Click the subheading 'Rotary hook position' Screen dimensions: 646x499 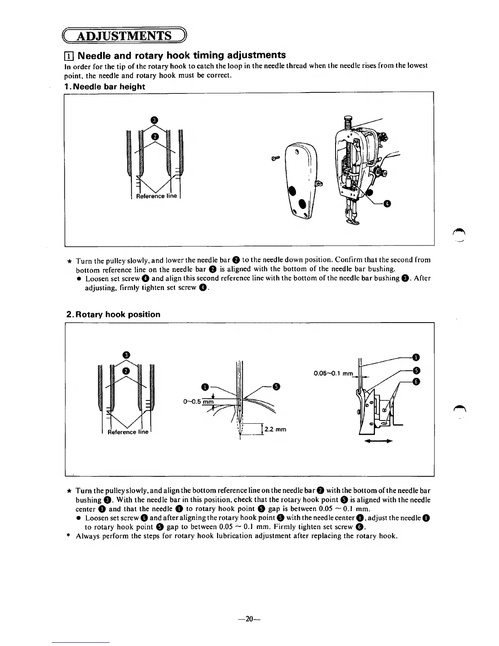[x=113, y=314]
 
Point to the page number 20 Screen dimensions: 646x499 [x=249, y=619]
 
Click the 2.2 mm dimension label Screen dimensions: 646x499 [x=275, y=429]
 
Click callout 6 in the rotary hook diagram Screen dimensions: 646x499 [x=416, y=381]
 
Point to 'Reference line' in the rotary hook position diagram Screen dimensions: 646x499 [x=128, y=432]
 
